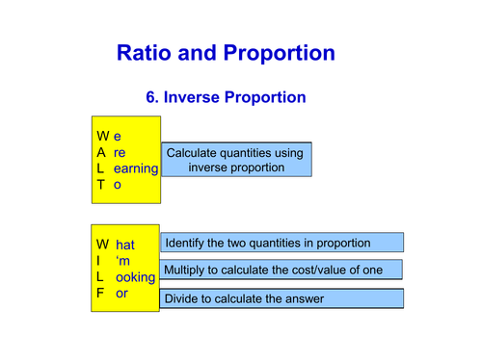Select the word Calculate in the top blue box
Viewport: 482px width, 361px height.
[x=196, y=153]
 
